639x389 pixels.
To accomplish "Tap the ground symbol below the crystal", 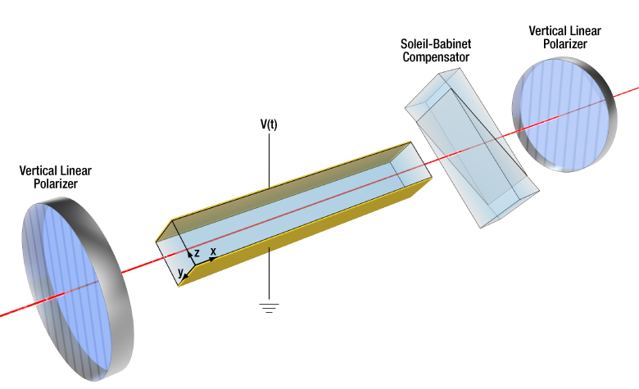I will [x=269, y=308].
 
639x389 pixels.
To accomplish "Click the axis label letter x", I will [x=214, y=251].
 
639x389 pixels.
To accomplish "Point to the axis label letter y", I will [x=180, y=271].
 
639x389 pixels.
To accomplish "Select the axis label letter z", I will [x=197, y=253].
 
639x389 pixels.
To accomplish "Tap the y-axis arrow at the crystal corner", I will [x=184, y=276].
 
